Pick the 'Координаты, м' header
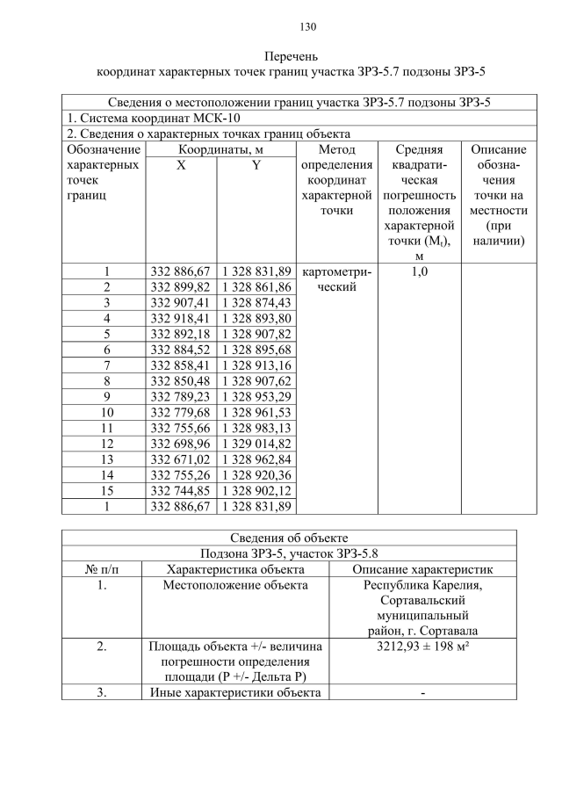point(219,150)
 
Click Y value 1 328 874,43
point(256,302)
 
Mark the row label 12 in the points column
point(106,444)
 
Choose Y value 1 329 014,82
point(256,444)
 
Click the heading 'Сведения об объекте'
point(289,538)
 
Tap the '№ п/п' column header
point(102,569)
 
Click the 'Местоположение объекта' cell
point(235,585)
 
